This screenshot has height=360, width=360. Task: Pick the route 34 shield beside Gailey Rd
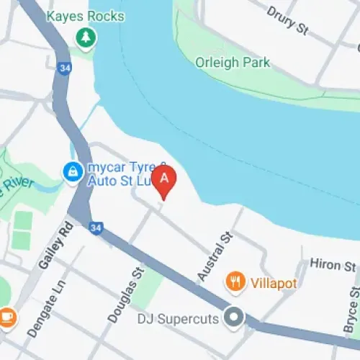click(x=94, y=228)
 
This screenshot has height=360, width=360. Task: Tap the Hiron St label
click(x=332, y=265)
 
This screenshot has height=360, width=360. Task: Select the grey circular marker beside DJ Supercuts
click(x=233, y=316)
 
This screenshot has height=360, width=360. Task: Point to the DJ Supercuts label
click(x=181, y=317)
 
